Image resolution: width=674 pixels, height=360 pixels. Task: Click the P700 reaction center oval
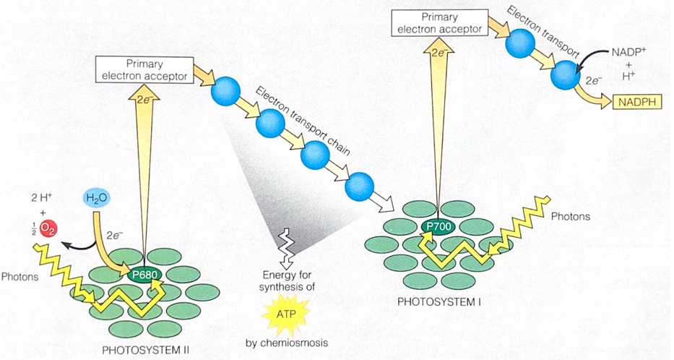click(438, 227)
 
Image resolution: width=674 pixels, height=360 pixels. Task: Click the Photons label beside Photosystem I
click(570, 216)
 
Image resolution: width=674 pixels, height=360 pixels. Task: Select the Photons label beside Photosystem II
click(20, 276)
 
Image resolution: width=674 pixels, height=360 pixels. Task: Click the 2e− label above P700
click(436, 52)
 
